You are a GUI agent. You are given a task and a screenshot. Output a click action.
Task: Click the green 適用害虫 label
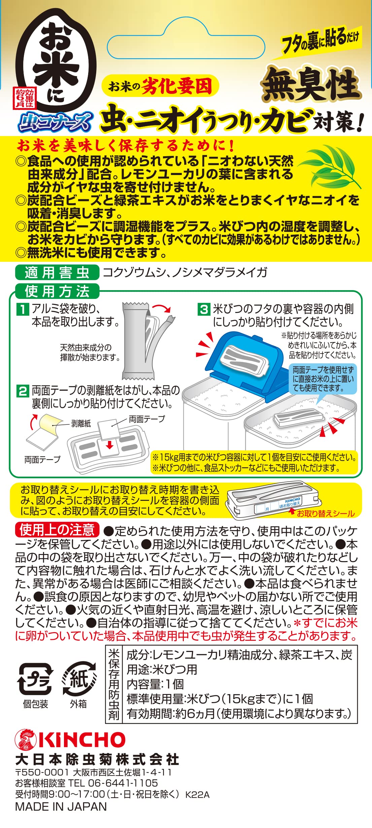(x=57, y=272)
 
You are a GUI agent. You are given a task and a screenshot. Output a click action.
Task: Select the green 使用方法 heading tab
(x=57, y=291)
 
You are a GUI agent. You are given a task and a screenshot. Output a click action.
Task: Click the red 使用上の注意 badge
(x=57, y=530)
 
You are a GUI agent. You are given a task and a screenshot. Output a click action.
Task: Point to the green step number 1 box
(x=23, y=309)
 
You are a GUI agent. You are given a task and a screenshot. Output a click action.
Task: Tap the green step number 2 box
(x=23, y=391)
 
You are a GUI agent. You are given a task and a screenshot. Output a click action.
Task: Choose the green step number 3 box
(x=204, y=309)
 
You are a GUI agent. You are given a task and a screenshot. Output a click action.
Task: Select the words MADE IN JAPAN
(x=61, y=806)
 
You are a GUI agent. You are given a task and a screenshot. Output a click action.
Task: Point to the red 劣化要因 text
(x=177, y=86)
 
